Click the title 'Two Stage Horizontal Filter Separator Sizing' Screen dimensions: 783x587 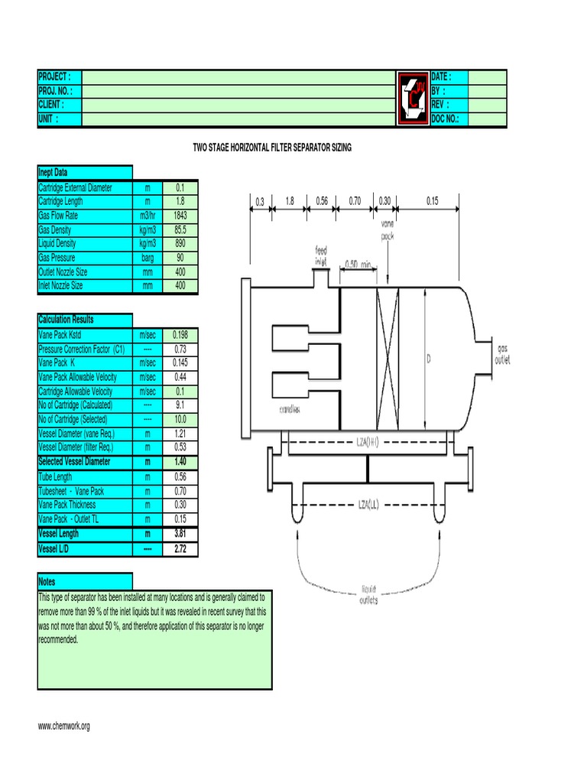[272, 148]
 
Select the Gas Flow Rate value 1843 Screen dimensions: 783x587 [180, 216]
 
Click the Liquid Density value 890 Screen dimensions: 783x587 [180, 243]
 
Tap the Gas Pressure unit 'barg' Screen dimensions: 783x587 [148, 258]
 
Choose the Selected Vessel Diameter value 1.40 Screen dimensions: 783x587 [180, 462]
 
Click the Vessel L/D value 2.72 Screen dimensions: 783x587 [180, 549]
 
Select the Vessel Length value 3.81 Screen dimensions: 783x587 [180, 534]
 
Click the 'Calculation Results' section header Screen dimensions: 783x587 [66, 320]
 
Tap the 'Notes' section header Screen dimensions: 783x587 [47, 582]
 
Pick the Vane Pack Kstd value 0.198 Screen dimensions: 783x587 [180, 334]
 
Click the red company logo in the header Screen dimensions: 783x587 [413, 98]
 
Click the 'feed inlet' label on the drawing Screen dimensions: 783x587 [321, 255]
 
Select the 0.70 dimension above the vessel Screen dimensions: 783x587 [355, 201]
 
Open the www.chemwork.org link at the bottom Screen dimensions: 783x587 [64, 726]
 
